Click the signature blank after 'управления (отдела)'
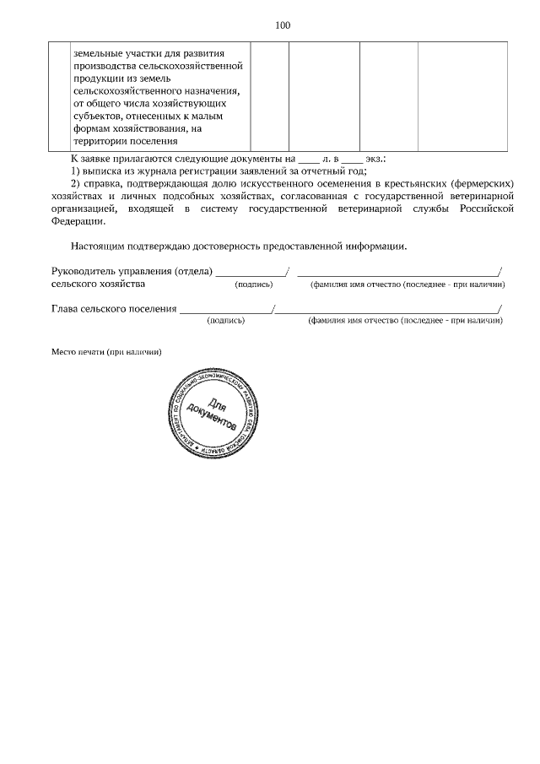point(251,273)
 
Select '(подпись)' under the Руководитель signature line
point(252,285)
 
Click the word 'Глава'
point(67,308)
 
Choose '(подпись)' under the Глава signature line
point(225,322)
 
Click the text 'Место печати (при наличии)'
point(105,351)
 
